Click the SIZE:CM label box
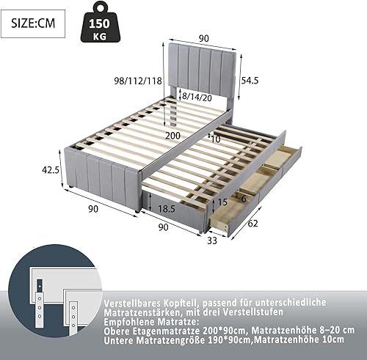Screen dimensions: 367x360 [33, 23]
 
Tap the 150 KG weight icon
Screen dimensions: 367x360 [101, 22]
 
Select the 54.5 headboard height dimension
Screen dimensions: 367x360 [250, 81]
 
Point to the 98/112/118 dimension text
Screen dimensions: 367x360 [138, 81]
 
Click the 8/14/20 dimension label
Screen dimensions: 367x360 [197, 98]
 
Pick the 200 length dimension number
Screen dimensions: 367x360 [172, 136]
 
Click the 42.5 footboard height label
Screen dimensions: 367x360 [51, 170]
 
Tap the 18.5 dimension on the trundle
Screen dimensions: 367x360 [167, 209]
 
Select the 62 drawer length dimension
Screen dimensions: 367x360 [252, 224]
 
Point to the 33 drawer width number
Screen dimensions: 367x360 [212, 240]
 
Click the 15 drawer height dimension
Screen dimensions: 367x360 [222, 202]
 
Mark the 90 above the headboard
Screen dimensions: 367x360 [204, 38]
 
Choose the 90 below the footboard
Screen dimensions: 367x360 [93, 209]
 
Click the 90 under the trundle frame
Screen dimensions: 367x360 [163, 227]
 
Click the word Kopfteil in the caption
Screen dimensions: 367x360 [180, 303]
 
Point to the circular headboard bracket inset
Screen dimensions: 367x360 [55, 291]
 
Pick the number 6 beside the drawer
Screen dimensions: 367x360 [243, 199]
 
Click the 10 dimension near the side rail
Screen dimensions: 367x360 [216, 139]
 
